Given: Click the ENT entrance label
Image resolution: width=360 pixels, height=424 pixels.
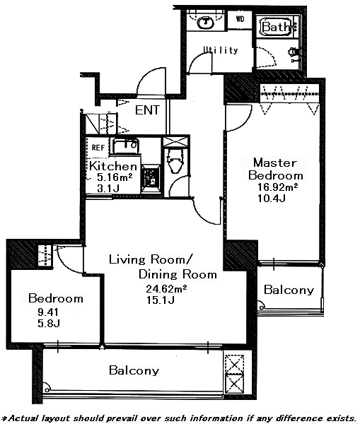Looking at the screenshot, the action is [x=147, y=110].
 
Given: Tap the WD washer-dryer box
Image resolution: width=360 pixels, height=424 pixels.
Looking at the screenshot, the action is [x=240, y=19].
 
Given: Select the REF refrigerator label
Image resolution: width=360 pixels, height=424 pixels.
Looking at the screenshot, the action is [x=98, y=148].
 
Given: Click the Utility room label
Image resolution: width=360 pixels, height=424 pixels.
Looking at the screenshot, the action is [x=221, y=49].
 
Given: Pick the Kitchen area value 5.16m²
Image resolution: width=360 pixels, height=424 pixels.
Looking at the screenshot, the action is [x=115, y=177].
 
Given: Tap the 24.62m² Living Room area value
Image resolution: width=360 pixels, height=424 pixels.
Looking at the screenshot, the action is [x=166, y=289].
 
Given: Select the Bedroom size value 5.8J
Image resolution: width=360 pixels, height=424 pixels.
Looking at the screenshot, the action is [x=49, y=323].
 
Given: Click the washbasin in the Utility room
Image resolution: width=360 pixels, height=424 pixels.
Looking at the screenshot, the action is [x=206, y=22].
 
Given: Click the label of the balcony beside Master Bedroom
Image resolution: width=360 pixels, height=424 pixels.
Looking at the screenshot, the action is [x=289, y=290].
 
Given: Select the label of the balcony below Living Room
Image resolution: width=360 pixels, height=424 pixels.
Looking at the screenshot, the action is [x=134, y=370].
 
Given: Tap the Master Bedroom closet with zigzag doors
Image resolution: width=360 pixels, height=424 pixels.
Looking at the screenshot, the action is [x=289, y=93].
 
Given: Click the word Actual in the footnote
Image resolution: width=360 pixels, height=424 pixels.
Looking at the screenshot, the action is [x=22, y=418].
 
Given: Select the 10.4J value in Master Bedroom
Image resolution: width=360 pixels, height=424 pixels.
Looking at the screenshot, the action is [x=272, y=199].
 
